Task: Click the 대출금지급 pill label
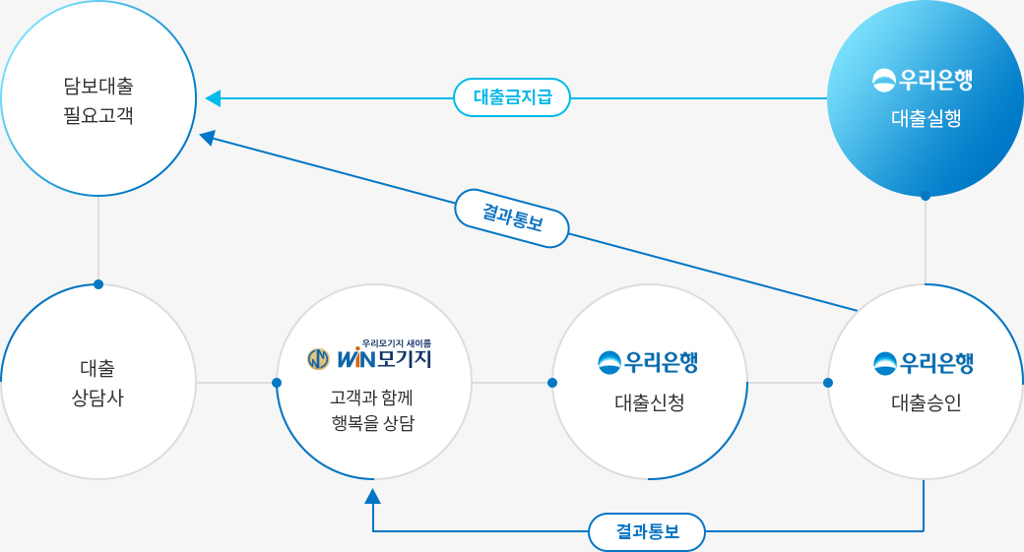(x=512, y=97)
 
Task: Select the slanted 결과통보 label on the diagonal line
(x=512, y=218)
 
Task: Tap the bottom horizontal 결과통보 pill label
(x=647, y=531)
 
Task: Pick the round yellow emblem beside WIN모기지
(x=318, y=359)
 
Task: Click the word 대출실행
(x=926, y=119)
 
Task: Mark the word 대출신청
(x=650, y=402)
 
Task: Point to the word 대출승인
(x=926, y=402)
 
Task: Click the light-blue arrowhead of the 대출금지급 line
(x=213, y=98)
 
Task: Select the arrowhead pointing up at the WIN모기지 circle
(x=372, y=496)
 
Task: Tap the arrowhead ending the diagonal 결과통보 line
(x=207, y=137)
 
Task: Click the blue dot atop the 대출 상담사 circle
(x=98, y=284)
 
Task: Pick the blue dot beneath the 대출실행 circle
(x=926, y=197)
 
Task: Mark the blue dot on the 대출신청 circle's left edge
(x=552, y=383)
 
